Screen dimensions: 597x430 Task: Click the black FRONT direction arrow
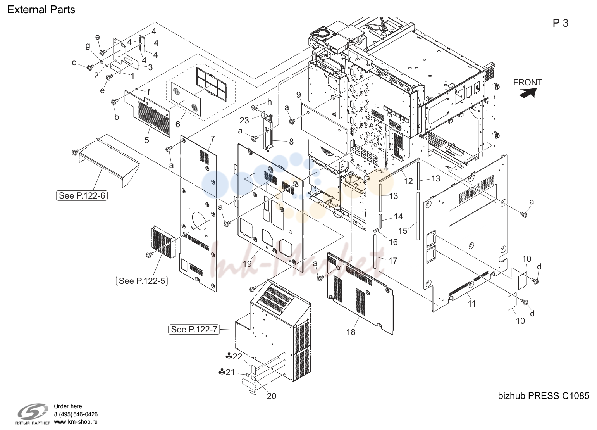point(528,93)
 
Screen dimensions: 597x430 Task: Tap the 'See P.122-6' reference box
point(82,195)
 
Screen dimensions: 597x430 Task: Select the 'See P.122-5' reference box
point(142,281)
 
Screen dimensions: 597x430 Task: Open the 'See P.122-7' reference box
point(194,330)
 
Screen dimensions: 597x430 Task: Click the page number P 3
point(561,23)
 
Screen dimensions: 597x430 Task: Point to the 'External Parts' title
point(41,10)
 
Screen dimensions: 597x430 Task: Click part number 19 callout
point(247,264)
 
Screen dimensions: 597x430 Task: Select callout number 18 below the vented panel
point(351,332)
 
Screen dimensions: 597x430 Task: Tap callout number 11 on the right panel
point(472,304)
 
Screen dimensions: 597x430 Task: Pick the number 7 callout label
point(212,139)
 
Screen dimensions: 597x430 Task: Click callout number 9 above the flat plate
point(298,95)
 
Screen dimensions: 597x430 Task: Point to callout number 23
point(244,121)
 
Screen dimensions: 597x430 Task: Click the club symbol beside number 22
point(229,356)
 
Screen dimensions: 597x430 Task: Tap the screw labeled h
point(255,108)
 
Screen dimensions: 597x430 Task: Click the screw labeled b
point(115,102)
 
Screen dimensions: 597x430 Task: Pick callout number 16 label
point(393,242)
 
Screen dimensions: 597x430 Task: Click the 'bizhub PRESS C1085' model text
point(544,396)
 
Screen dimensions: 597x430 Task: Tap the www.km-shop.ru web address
point(76,422)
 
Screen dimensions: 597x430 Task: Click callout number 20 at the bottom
point(271,396)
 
